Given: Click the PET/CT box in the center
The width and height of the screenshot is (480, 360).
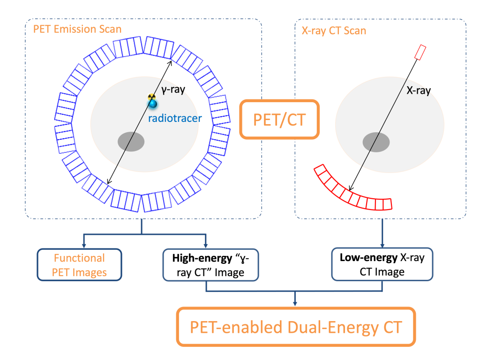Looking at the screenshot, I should [x=279, y=119].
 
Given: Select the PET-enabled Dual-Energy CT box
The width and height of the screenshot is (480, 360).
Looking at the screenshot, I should [x=296, y=326].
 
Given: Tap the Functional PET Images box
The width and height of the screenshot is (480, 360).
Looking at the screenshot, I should [x=79, y=265].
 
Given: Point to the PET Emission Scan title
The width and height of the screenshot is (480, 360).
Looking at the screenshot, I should [x=77, y=29].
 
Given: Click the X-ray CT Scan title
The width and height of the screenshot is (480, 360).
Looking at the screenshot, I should [x=333, y=31].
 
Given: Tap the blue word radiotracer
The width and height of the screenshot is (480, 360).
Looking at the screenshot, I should [x=175, y=118].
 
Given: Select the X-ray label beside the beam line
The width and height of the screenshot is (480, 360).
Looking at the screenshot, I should [x=417, y=91].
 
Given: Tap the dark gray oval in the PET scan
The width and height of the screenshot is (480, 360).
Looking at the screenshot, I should [x=131, y=141].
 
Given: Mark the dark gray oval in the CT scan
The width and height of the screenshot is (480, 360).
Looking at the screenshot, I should [x=377, y=141].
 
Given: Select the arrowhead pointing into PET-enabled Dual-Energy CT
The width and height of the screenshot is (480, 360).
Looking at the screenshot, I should [x=295, y=304].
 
